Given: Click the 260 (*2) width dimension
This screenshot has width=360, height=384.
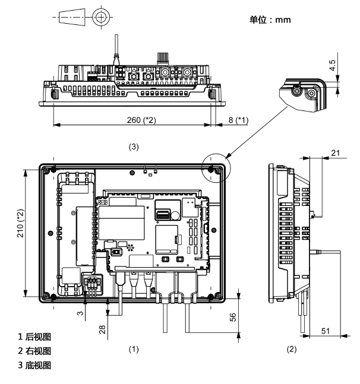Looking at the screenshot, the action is (x=141, y=120).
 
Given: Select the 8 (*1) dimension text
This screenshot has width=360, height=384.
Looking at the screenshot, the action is (x=238, y=120).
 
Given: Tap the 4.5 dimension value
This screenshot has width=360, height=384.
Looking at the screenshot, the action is (x=332, y=65).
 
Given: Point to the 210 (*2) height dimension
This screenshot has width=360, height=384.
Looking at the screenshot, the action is (x=20, y=223).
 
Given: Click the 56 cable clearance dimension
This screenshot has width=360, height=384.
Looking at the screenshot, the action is (x=233, y=317).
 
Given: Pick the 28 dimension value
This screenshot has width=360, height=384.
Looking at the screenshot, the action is (x=102, y=329).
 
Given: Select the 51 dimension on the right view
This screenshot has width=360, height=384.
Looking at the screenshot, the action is (x=326, y=331).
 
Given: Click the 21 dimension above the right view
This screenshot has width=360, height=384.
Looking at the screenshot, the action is (x=336, y=153).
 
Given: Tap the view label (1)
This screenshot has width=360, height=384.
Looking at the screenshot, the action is (x=134, y=349).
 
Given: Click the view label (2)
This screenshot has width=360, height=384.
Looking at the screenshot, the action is (x=292, y=349).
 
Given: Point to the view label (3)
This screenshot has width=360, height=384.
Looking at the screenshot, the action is (x=134, y=147).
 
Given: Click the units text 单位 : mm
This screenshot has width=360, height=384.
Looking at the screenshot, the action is (x=270, y=20).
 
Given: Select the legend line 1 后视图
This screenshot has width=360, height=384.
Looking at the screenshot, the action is (x=34, y=337).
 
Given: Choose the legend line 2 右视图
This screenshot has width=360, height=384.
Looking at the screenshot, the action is (x=34, y=351).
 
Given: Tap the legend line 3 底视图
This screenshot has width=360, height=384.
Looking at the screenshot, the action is (x=34, y=365).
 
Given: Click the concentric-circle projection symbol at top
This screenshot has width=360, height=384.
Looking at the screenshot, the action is (x=101, y=17).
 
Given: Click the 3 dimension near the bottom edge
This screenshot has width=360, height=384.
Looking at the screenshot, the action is (x=80, y=313).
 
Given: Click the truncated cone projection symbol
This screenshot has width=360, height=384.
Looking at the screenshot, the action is (x=72, y=17).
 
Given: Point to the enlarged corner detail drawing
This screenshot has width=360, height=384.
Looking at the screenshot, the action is (x=303, y=95).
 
